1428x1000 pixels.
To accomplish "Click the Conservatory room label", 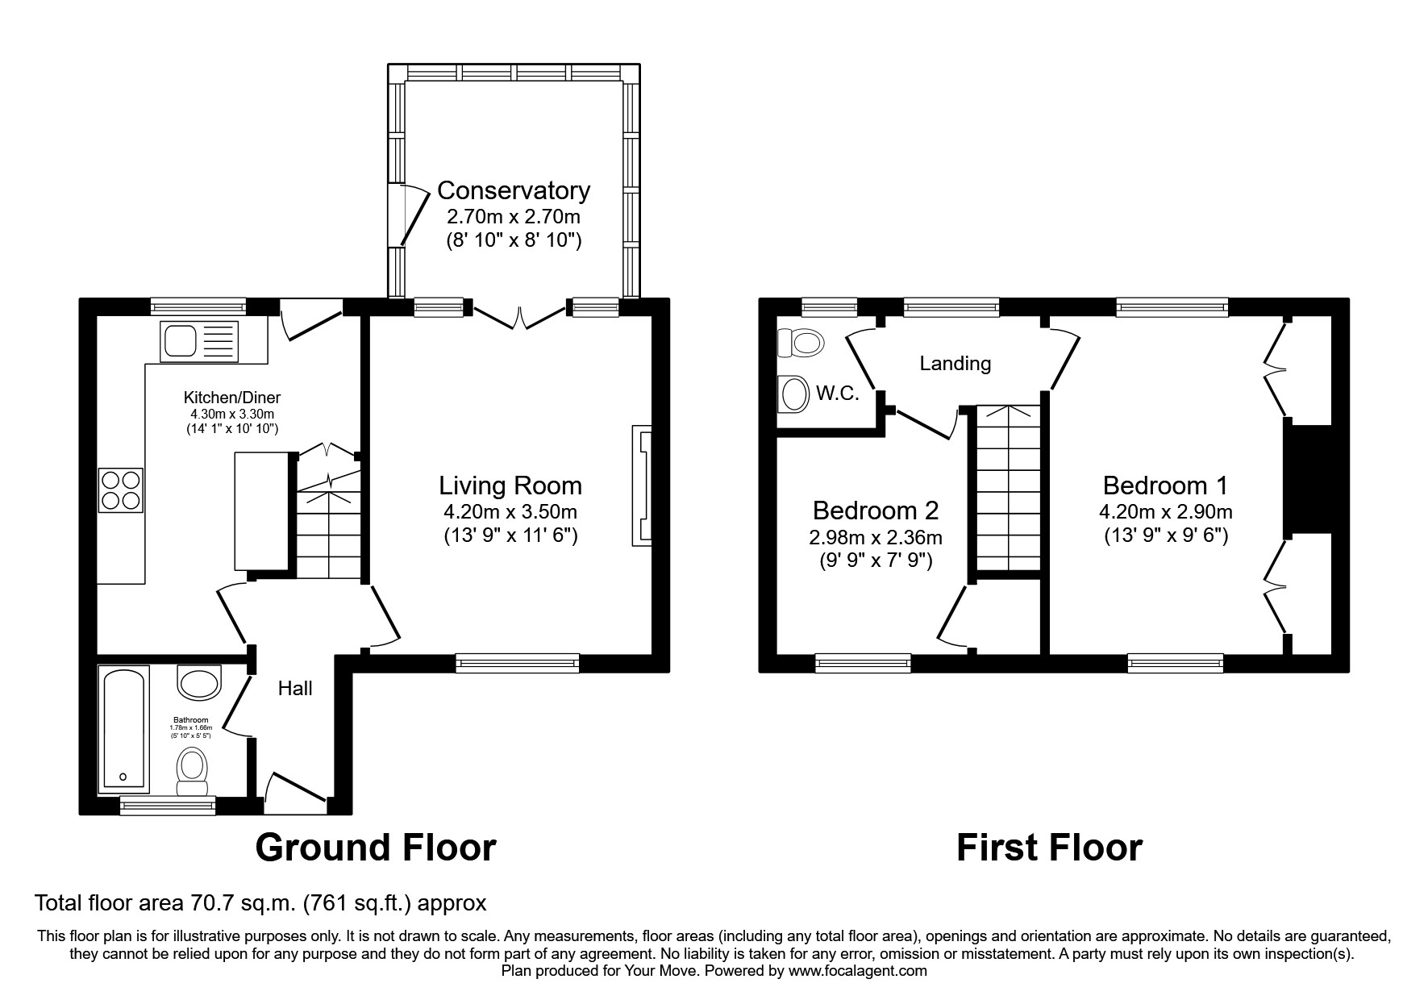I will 513,191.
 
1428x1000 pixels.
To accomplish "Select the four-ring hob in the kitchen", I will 121,490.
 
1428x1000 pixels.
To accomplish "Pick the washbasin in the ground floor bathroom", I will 198,682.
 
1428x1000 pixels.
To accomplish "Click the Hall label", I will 295,689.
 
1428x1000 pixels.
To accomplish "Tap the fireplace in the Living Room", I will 642,485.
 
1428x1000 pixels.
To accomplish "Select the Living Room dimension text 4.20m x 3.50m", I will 510,511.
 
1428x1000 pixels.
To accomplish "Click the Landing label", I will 955,364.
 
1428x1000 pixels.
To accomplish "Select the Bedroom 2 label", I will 875,510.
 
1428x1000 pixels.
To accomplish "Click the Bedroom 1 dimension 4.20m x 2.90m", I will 1165,511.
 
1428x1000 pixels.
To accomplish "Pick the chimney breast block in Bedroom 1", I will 1306,479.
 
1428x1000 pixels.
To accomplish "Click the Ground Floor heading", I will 375,848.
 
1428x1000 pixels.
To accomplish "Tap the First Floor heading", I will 1048,848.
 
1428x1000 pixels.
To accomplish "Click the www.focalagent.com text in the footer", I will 857,971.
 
